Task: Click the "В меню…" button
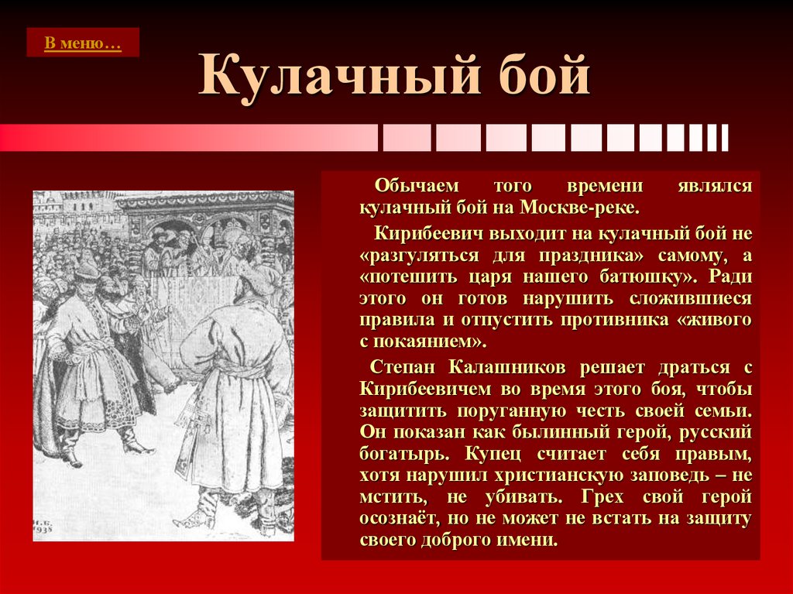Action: (83, 43)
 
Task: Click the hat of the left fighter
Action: (88, 270)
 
